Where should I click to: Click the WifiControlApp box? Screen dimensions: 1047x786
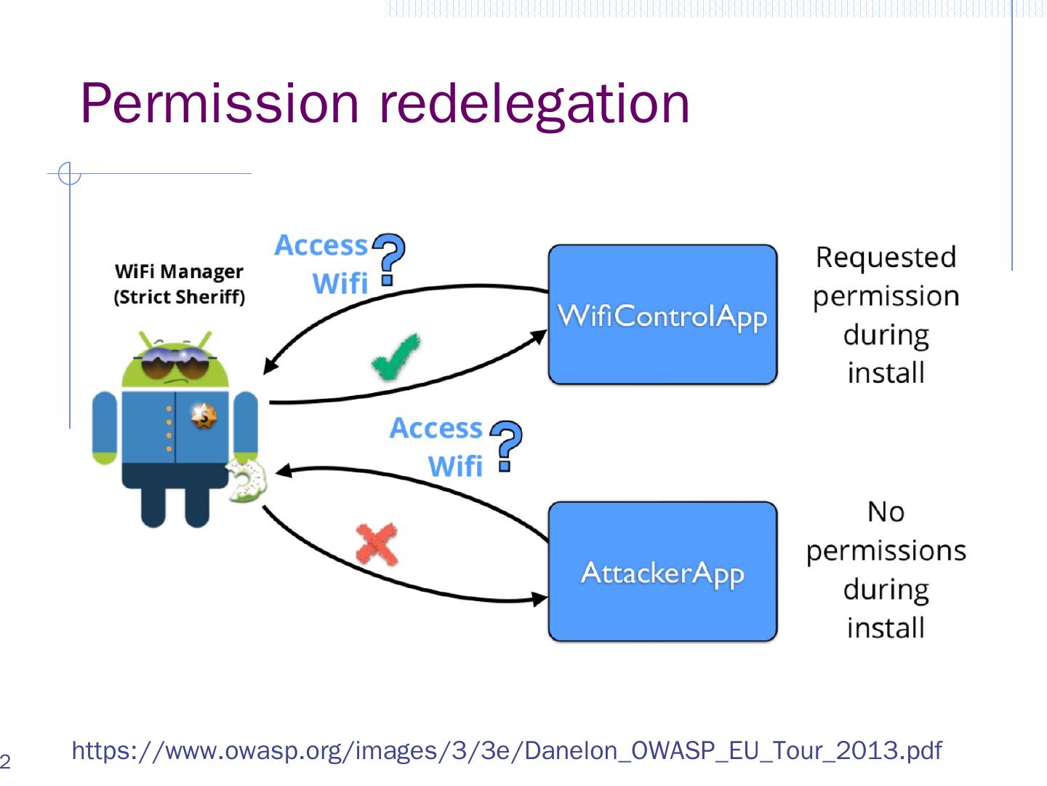tap(662, 314)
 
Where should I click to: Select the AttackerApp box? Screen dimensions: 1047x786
tap(662, 571)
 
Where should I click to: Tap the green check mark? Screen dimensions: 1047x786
tap(395, 357)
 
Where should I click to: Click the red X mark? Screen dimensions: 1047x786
tap(377, 544)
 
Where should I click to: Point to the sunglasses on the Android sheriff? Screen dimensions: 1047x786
tap(175, 362)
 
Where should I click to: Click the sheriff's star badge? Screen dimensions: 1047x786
tap(204, 416)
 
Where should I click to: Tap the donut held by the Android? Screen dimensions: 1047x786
tap(246, 480)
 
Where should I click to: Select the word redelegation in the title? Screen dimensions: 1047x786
tap(534, 103)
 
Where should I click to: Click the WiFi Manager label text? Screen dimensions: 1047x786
tap(179, 271)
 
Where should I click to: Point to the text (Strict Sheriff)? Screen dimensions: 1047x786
tap(179, 297)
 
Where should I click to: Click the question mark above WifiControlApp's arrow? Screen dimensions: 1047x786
tap(389, 258)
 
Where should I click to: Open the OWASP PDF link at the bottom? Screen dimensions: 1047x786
tap(506, 750)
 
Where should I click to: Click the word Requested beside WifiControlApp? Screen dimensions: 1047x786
tap(886, 257)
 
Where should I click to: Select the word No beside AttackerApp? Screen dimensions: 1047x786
tap(886, 512)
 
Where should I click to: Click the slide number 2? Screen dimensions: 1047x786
tap(5, 762)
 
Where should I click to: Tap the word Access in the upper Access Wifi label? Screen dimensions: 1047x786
tap(321, 245)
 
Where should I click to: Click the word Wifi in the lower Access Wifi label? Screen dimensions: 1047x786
tap(455, 467)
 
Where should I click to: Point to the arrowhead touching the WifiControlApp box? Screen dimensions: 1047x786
tap(539, 336)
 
